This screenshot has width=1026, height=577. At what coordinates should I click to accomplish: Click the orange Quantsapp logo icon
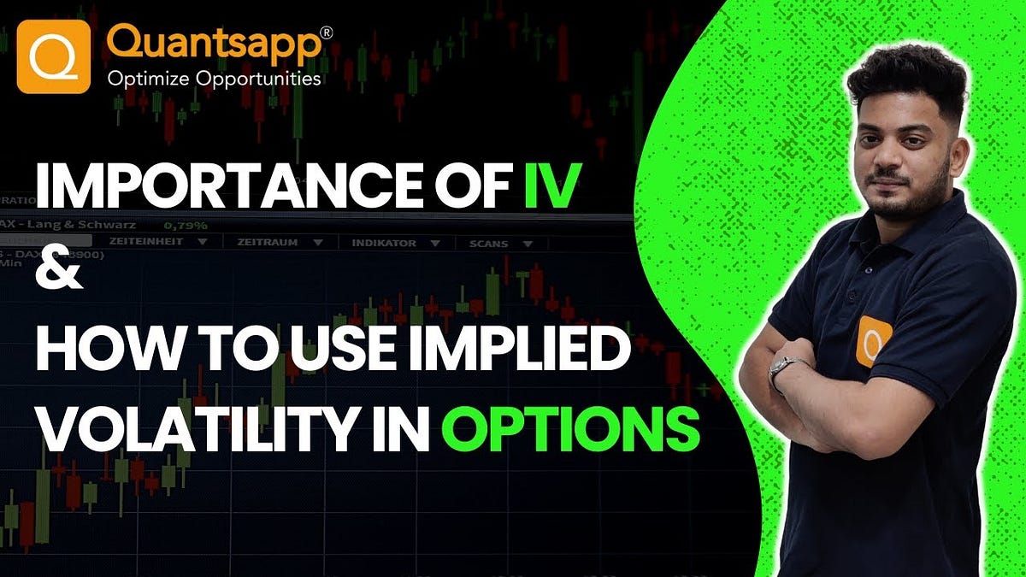(53, 57)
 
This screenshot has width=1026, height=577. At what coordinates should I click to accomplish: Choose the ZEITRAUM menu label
(268, 243)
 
